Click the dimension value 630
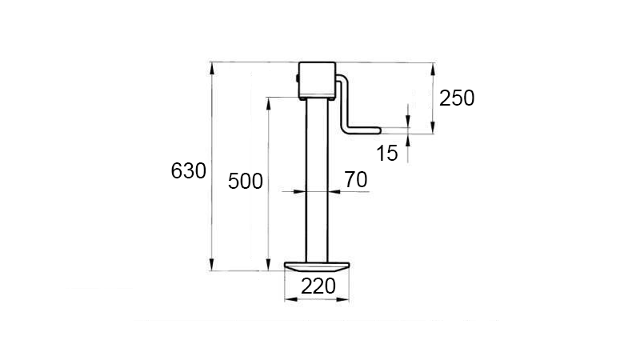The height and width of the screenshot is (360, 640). pos(189,170)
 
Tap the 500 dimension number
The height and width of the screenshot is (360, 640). pos(245,181)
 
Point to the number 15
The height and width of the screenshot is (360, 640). pos(387,154)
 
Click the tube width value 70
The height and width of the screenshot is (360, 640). pos(356,180)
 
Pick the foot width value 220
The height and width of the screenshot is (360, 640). pos(318,286)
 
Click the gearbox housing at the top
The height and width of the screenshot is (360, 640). pos(318,80)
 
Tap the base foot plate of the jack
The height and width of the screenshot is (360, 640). pos(318,266)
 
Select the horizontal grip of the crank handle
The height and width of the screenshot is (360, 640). pos(364,128)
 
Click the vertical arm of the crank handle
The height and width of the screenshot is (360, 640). pos(346,104)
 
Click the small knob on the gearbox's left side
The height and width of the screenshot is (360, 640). pos(296,80)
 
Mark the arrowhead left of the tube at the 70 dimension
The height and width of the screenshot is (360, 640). pos(302,191)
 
